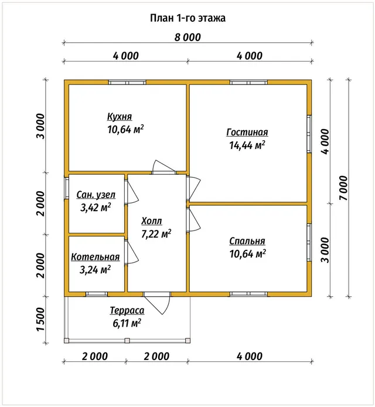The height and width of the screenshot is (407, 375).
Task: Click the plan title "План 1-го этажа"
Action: (x=187, y=18)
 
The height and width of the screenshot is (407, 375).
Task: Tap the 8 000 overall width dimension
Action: (x=187, y=38)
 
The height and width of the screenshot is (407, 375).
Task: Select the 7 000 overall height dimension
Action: (x=343, y=188)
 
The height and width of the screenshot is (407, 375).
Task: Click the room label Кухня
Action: (x=120, y=117)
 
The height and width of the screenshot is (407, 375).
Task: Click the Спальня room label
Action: (x=247, y=241)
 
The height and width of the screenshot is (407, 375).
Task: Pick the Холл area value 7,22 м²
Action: (x=156, y=234)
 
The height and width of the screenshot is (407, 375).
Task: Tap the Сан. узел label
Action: (x=96, y=195)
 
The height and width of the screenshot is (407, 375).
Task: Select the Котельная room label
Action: (x=96, y=257)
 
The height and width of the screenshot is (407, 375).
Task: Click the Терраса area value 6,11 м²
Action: (x=127, y=323)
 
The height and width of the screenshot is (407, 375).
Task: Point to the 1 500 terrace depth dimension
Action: (x=41, y=319)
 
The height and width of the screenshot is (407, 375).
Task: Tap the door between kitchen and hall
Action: (x=164, y=167)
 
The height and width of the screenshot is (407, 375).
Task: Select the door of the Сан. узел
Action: (x=131, y=192)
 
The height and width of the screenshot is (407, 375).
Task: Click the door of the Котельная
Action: (x=131, y=252)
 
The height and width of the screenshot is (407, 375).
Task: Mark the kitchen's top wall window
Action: (x=127, y=83)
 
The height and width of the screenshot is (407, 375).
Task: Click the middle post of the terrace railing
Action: (x=127, y=341)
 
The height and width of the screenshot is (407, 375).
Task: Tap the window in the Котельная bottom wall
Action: (x=97, y=294)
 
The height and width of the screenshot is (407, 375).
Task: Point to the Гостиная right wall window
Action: (x=309, y=134)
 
